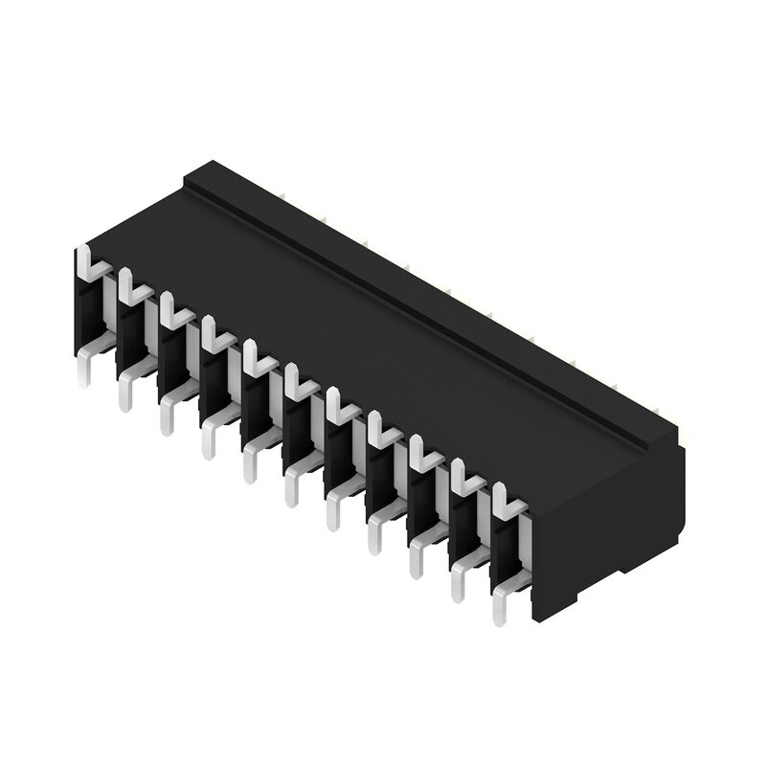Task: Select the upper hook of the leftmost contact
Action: click(x=85, y=259)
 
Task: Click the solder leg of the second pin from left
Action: click(x=125, y=393)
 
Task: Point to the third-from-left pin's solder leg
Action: click(x=167, y=417)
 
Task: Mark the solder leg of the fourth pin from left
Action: click(x=208, y=440)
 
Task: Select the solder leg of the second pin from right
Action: click(x=458, y=582)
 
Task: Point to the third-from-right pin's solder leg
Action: click(x=416, y=559)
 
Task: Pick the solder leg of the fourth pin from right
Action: click(x=374, y=535)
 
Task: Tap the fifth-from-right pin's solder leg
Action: click(x=332, y=511)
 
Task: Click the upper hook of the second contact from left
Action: click(x=127, y=282)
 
